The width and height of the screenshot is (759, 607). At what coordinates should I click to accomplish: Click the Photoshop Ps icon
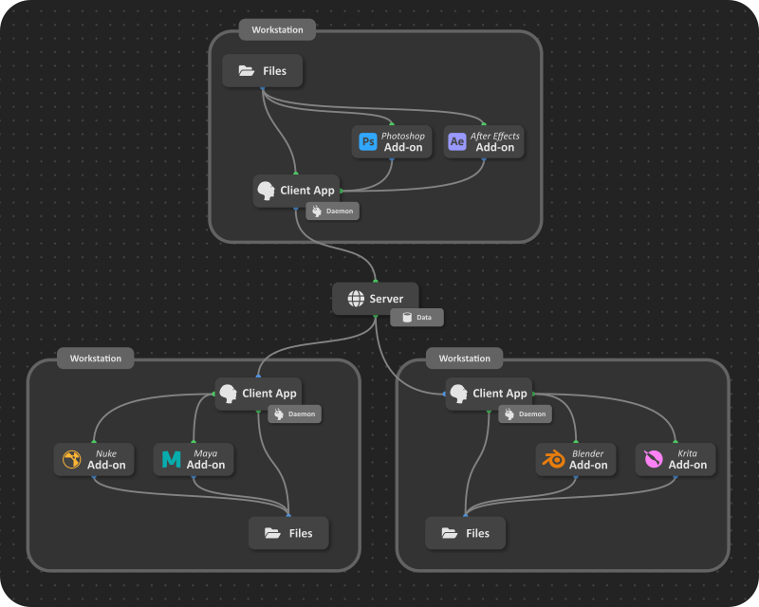pos(368,142)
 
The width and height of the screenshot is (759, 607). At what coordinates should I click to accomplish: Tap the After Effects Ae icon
pos(457,142)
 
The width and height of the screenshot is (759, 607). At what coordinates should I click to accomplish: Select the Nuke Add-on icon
pos(71,460)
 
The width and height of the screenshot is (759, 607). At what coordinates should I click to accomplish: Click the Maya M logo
pos(171,460)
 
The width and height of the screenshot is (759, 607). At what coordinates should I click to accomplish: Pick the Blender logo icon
pos(553,460)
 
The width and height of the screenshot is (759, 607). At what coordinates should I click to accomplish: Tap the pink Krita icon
pos(653,460)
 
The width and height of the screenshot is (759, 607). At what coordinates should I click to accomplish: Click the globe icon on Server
pos(356,299)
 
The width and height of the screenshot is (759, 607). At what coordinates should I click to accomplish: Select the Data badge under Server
pos(417,317)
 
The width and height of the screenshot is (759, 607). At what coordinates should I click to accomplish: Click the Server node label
pos(386,299)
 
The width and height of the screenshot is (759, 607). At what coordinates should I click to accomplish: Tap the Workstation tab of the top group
pos(277,29)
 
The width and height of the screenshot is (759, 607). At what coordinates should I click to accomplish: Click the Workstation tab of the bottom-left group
pos(96,359)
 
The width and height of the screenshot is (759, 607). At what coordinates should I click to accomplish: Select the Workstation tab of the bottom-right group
pos(465,359)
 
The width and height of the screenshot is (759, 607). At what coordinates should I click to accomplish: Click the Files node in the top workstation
pos(262,71)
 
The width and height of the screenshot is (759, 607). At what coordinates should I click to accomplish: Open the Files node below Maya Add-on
pos(288,533)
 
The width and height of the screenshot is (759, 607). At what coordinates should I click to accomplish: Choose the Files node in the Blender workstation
pos(465,533)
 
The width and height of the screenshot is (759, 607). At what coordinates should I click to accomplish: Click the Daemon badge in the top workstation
pos(330,211)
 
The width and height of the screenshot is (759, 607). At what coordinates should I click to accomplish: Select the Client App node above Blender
pos(490,393)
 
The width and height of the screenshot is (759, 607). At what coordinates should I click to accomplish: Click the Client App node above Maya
pos(258,393)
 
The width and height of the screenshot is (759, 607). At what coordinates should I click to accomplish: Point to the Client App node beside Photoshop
pos(296,191)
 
